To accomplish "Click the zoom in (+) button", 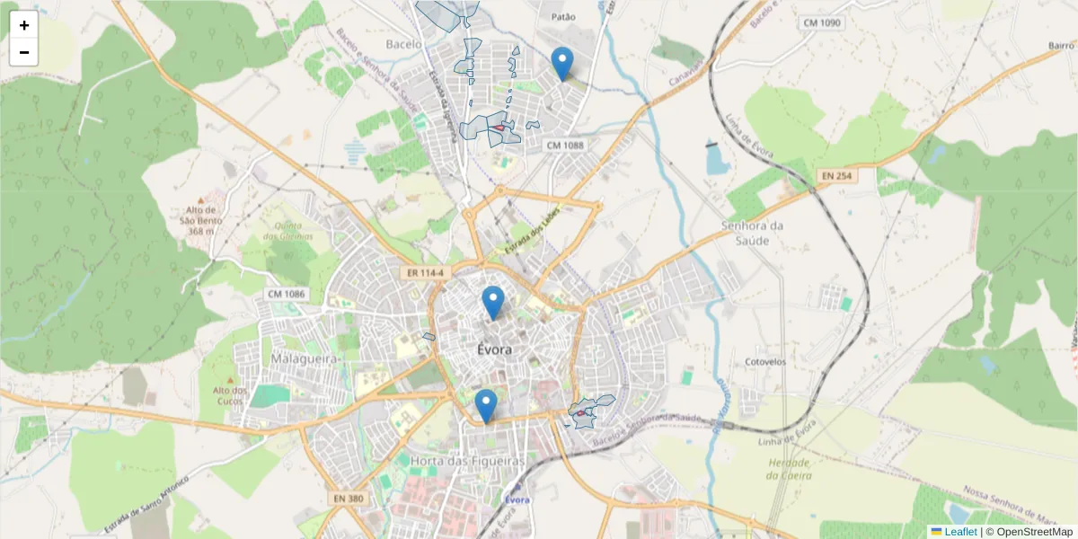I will click(24, 25).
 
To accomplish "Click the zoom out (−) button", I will click(24, 52).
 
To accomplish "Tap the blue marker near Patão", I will click(562, 64).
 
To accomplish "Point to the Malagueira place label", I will click(305, 358).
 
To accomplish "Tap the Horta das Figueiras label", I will click(466, 461).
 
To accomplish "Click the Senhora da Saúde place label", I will click(752, 233).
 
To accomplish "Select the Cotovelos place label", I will click(764, 362).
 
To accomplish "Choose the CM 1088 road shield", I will click(564, 145).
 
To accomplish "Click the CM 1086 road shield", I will click(287, 294).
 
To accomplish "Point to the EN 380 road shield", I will click(348, 498).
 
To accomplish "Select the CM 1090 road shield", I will click(822, 22).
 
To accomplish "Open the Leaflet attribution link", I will click(959, 532).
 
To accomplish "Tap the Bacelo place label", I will click(403, 43).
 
